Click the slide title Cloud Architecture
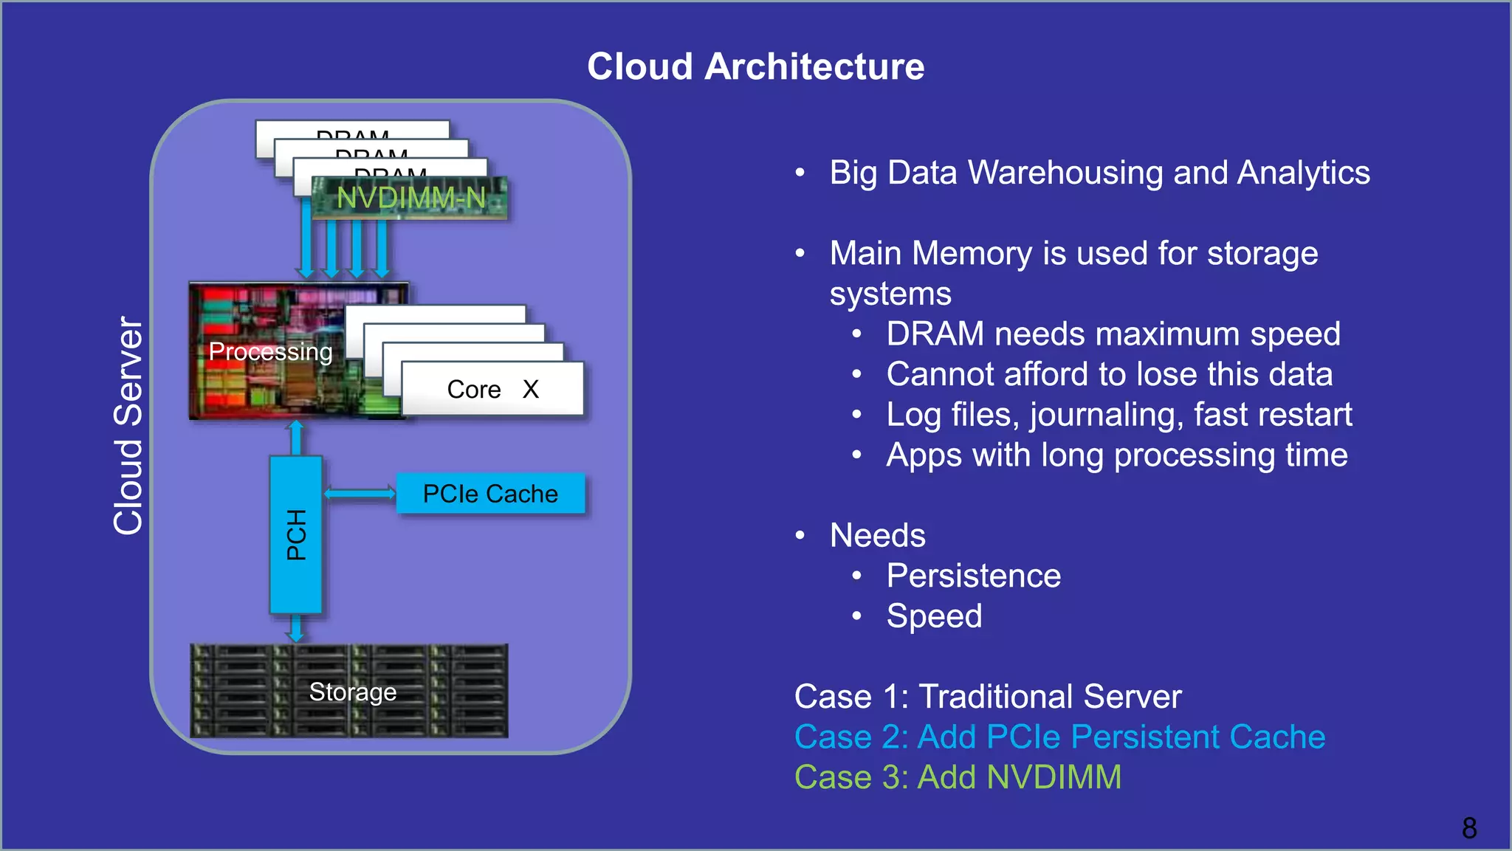755,66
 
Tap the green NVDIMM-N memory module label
410,198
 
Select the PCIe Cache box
490,493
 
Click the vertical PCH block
295,534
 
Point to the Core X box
492,389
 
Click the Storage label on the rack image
352,692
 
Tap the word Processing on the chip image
270,351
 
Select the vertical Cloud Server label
128,426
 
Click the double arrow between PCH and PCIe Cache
360,493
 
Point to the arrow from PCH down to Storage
295,628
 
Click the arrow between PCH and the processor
295,438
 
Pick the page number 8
1468,827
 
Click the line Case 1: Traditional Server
987,696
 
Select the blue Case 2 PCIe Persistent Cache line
1059,737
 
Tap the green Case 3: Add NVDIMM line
958,777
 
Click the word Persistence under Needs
973,576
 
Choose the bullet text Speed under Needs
934,616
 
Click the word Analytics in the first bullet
1303,173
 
